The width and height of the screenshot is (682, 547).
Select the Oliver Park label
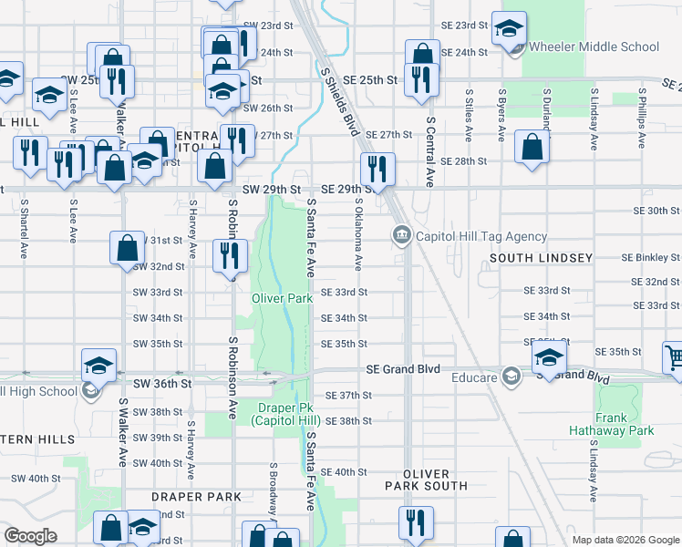[283, 297]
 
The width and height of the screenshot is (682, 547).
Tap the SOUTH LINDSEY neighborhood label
[541, 258]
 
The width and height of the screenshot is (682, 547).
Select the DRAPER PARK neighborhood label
[196, 497]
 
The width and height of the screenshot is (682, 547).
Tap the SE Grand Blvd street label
[403, 369]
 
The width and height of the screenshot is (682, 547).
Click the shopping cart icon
[673, 358]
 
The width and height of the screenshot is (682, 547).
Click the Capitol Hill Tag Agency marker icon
[401, 236]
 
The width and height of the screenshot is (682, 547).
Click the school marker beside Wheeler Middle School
[509, 29]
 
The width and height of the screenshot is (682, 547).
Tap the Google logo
[30, 536]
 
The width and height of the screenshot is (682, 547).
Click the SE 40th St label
[343, 472]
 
